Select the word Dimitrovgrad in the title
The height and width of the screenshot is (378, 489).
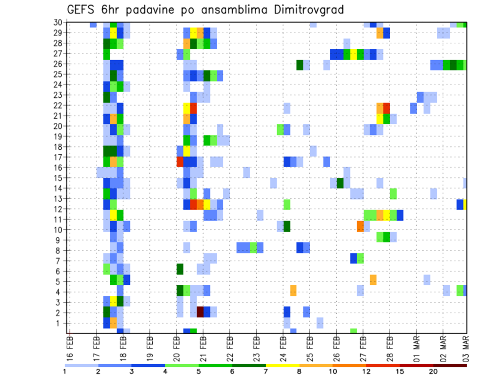click(x=315, y=10)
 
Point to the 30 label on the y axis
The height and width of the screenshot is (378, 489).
click(x=59, y=22)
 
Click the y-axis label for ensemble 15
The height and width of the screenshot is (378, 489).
click(x=59, y=178)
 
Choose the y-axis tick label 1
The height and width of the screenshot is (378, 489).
click(x=61, y=323)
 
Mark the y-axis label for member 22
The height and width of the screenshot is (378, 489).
click(x=59, y=105)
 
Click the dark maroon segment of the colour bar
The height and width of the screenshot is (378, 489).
click(x=450, y=365)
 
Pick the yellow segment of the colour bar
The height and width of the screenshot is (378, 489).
click(x=283, y=365)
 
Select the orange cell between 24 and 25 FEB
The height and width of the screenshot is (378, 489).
click(x=293, y=290)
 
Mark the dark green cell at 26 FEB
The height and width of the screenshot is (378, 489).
click(x=340, y=183)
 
